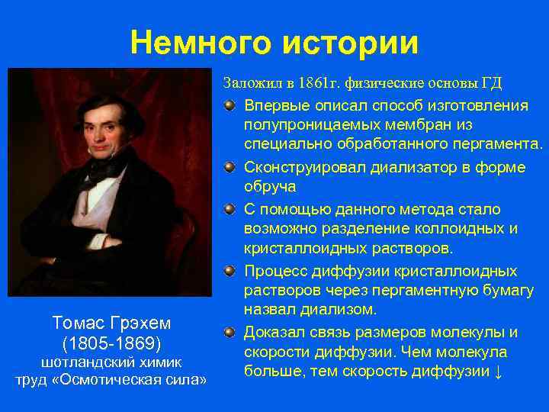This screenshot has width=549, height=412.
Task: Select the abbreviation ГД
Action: tap(490, 82)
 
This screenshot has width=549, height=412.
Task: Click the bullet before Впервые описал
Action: tap(230, 104)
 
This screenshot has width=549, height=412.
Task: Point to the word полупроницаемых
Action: tap(298, 124)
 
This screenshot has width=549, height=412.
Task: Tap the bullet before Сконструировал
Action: tap(230, 166)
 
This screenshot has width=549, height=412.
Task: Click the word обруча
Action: tap(269, 187)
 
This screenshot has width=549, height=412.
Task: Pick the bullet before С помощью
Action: tap(230, 208)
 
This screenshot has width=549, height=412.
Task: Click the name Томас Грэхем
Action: tap(111, 323)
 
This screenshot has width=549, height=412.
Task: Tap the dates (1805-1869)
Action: tap(111, 343)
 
